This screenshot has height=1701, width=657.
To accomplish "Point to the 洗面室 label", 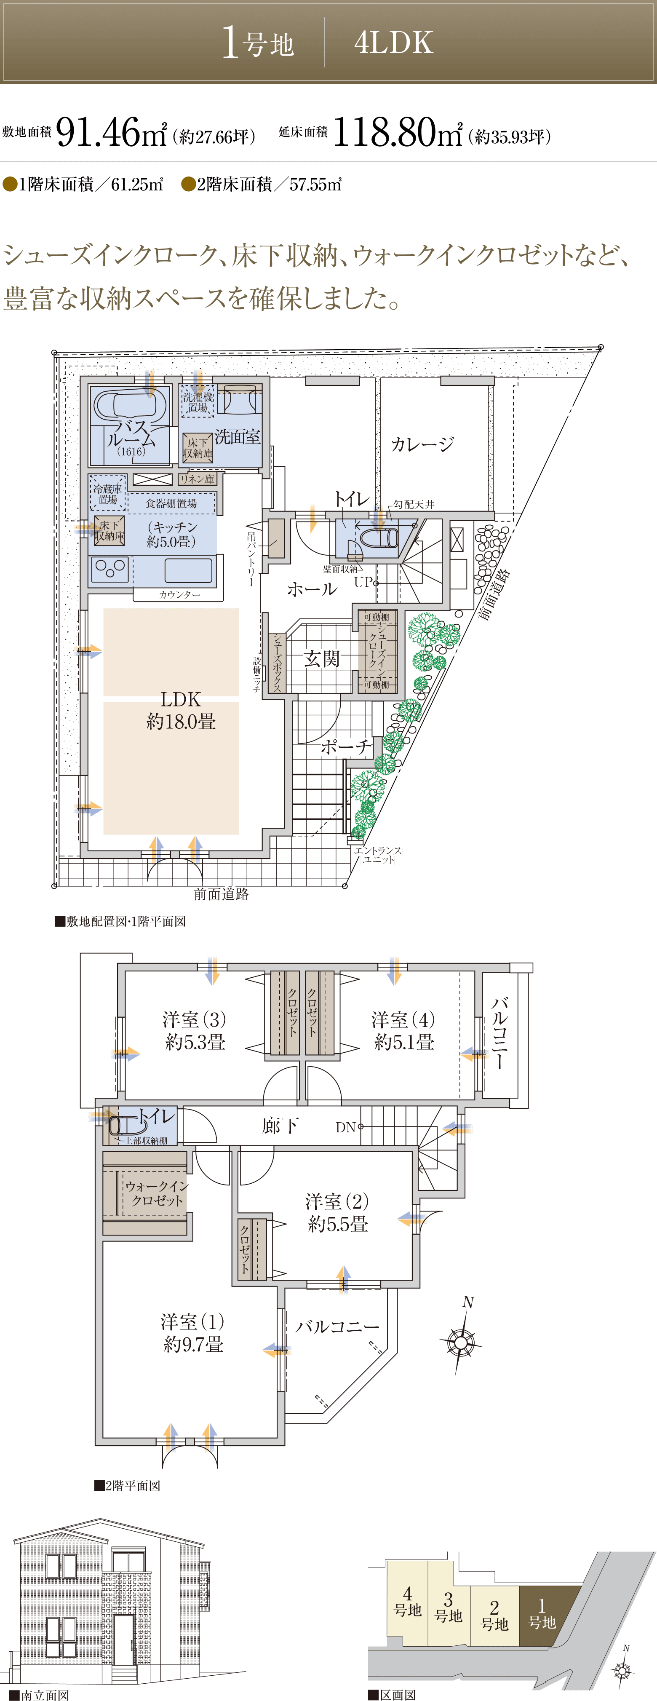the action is click(x=237, y=436).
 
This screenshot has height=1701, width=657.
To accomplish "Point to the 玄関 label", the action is click(x=322, y=658).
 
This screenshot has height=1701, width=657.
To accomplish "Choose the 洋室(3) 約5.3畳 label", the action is click(x=195, y=1030).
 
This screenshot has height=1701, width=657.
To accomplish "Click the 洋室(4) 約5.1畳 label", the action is click(x=403, y=1030).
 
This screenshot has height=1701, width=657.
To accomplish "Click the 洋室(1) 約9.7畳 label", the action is click(x=193, y=1332).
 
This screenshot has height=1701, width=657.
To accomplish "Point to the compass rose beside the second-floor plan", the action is click(x=461, y=1341).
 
